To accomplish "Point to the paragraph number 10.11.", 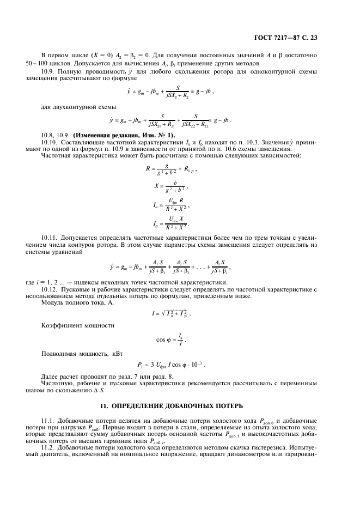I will pos(51,238).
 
